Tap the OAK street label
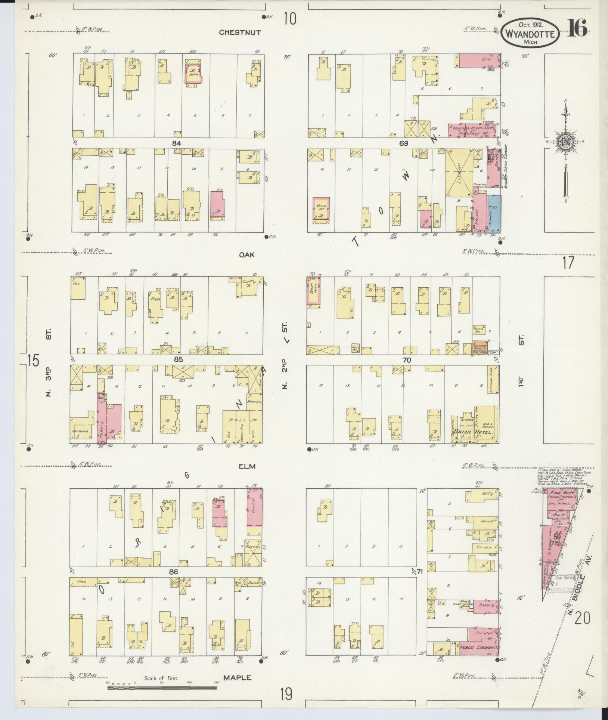tap(247, 254)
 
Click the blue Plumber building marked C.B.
tap(494, 212)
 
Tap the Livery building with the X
tap(459, 173)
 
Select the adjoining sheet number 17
tap(568, 263)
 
